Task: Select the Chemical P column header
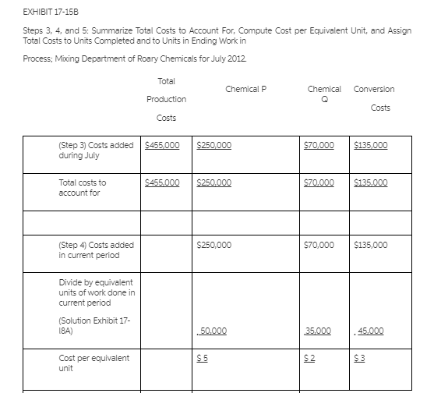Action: click(x=245, y=89)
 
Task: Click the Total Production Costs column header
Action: click(x=166, y=99)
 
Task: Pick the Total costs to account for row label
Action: click(x=83, y=187)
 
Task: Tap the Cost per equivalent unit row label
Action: click(x=94, y=363)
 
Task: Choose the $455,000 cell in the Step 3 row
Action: click(x=162, y=145)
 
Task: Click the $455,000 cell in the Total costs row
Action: click(x=162, y=182)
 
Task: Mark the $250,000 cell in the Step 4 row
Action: click(x=214, y=245)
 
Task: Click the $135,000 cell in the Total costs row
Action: click(x=370, y=182)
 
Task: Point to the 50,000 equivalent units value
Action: click(x=213, y=331)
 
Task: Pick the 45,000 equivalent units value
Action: click(x=369, y=331)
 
